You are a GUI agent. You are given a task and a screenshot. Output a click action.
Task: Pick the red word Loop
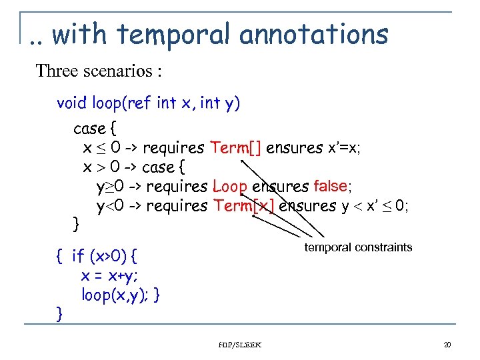(229, 187)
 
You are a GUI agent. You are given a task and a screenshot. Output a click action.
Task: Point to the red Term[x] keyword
(244, 206)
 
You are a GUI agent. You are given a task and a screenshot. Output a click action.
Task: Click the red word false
(330, 186)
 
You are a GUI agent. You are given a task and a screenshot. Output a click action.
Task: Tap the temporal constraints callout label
(358, 247)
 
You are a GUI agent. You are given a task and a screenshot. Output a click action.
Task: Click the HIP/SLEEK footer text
(240, 345)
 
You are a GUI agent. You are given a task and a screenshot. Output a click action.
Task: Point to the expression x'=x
(344, 147)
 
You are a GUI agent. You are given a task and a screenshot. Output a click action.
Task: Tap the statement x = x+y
(110, 275)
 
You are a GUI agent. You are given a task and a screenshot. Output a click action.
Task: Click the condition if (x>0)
(100, 255)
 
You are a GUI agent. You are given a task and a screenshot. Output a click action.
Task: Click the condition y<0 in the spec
(110, 206)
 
